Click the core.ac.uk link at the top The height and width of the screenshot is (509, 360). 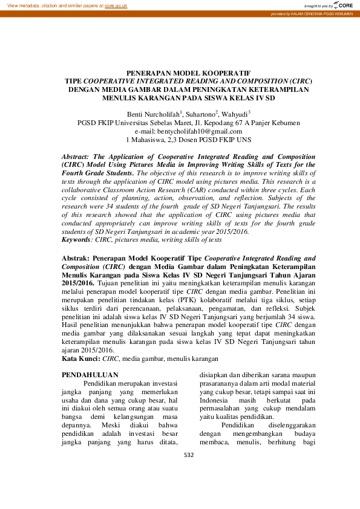coord(116,5)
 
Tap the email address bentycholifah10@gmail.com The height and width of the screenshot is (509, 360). coord(200,131)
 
